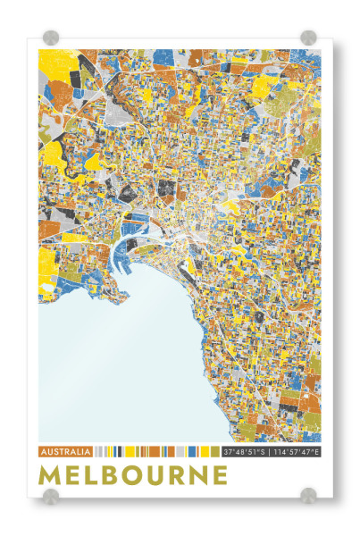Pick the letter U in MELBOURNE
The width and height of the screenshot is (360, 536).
(x=171, y=474)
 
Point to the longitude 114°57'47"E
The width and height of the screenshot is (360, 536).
(x=297, y=451)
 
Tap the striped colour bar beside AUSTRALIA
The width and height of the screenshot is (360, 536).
(x=156, y=451)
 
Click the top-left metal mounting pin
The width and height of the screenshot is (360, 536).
(x=51, y=38)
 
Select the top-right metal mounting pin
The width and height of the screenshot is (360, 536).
(x=308, y=38)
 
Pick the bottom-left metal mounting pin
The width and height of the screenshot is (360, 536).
(x=51, y=496)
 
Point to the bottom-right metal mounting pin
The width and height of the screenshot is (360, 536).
(x=308, y=496)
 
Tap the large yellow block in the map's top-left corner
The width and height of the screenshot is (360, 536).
(x=59, y=63)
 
